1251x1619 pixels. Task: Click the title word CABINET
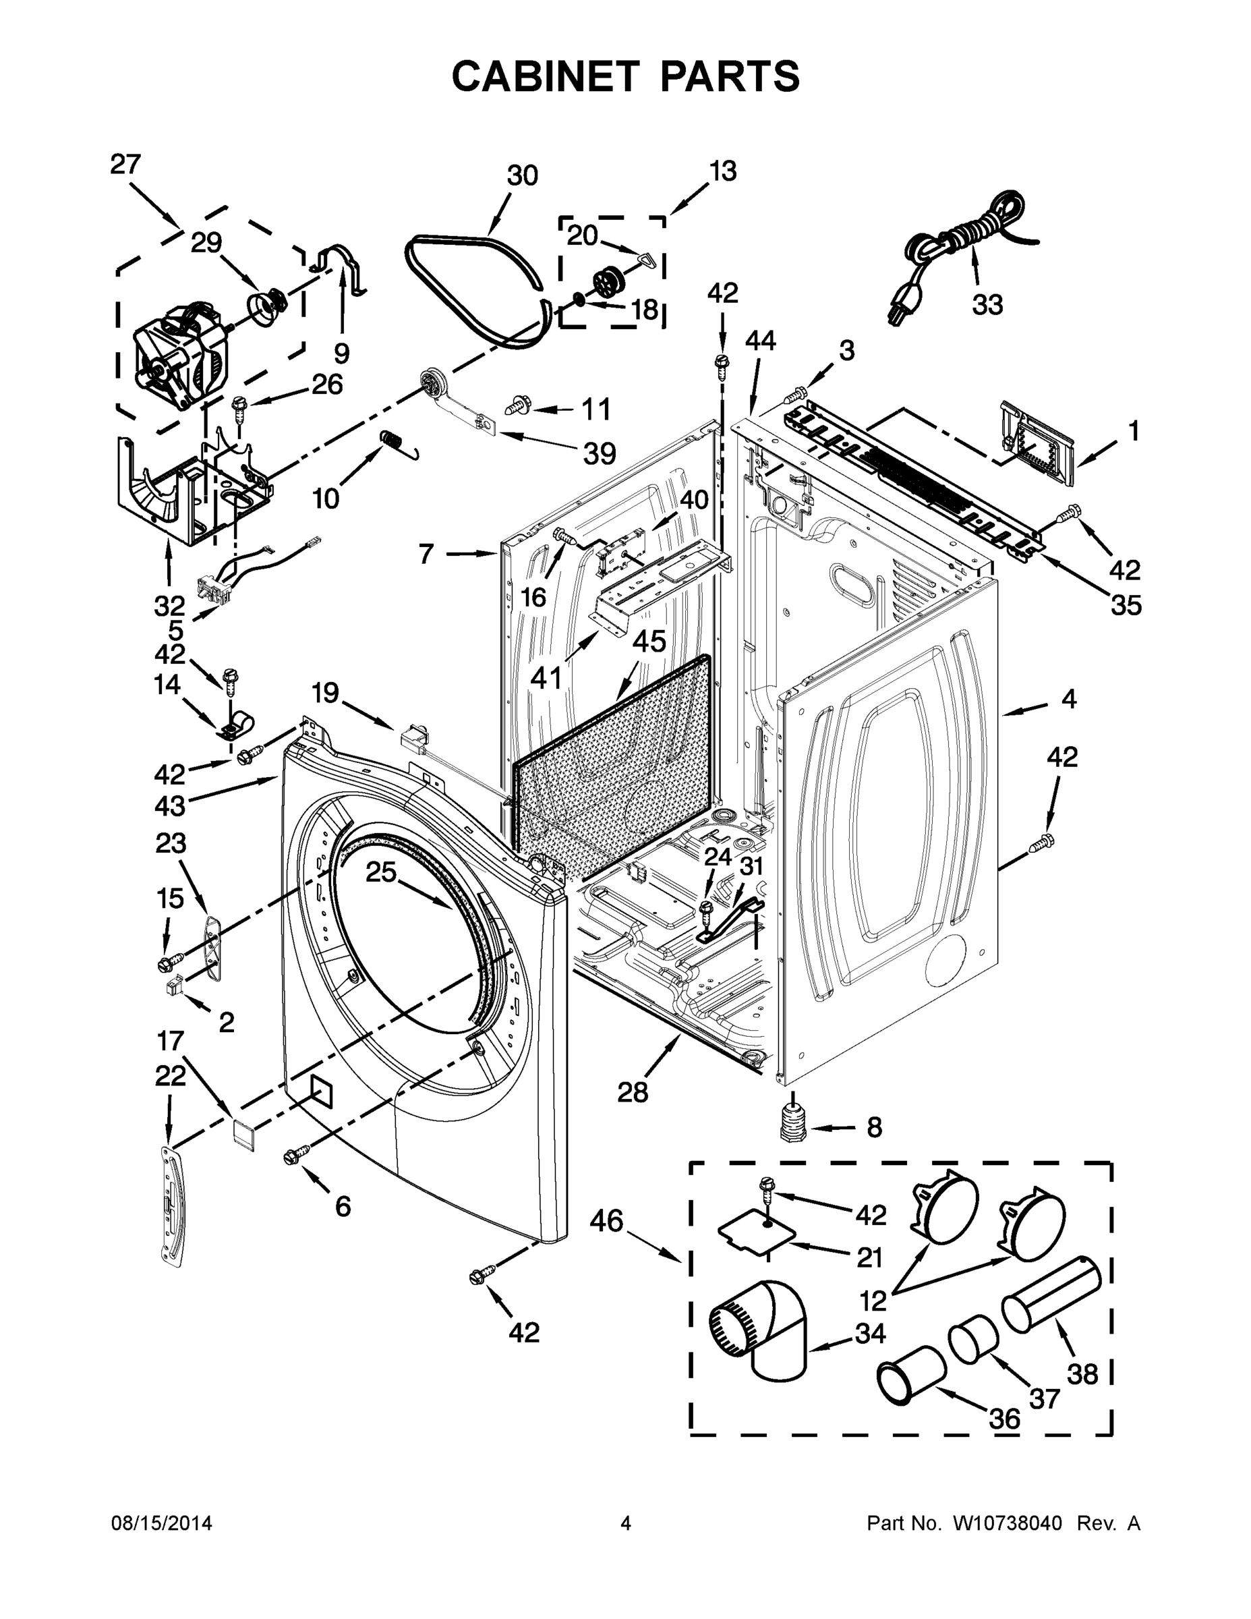[x=545, y=76]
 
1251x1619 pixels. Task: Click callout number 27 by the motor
[x=125, y=165]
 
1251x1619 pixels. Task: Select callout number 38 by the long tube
[x=1081, y=1373]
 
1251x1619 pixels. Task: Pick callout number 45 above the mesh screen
[x=649, y=642]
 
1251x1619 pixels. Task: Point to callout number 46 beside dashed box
[x=606, y=1220]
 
